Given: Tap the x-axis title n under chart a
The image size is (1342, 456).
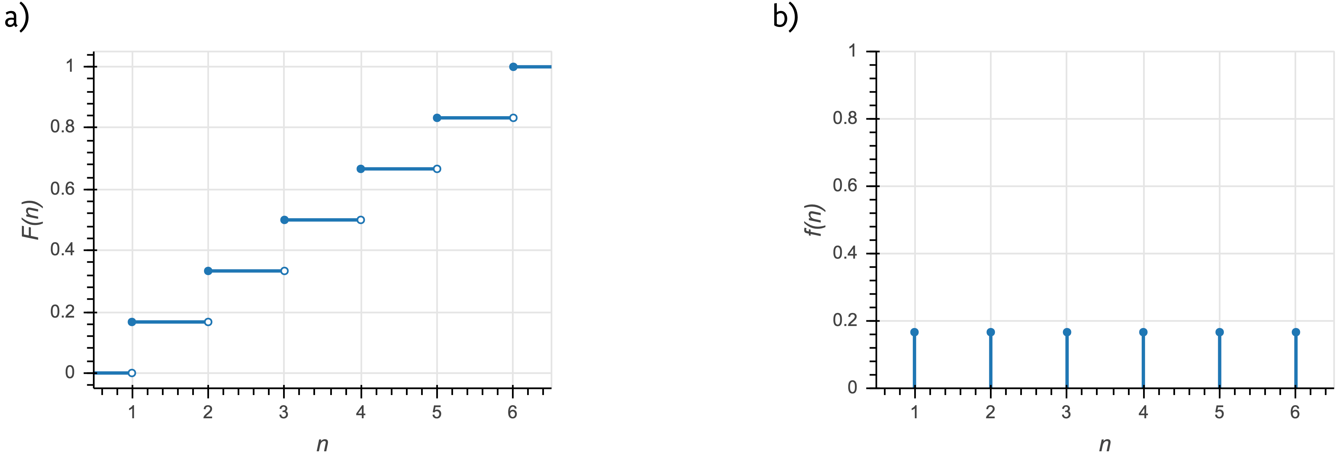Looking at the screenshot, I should (x=322, y=444).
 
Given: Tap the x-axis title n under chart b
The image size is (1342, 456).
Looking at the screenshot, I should (x=1104, y=444).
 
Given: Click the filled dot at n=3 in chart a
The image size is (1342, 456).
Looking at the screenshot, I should (x=284, y=220).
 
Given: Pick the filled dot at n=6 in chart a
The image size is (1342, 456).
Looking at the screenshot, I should (x=513, y=67).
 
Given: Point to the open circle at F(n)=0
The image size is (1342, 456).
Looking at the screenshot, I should (x=132, y=372).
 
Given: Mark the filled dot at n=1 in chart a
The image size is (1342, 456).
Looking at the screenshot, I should (x=132, y=322).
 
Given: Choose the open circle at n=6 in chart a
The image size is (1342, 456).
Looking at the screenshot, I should (x=513, y=118).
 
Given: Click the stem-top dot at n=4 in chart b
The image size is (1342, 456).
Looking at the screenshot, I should (x=1143, y=332).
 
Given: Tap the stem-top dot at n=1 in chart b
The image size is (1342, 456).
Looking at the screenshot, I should (x=914, y=332).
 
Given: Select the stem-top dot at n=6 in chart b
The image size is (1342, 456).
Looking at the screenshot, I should (x=1296, y=332).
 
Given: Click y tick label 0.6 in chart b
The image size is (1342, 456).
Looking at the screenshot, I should (x=845, y=186).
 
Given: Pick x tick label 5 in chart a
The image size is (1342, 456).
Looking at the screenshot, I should (x=437, y=413).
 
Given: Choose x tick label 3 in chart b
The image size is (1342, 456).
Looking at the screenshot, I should (x=1066, y=413).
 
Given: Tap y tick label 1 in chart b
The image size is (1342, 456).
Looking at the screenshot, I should (x=852, y=51).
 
